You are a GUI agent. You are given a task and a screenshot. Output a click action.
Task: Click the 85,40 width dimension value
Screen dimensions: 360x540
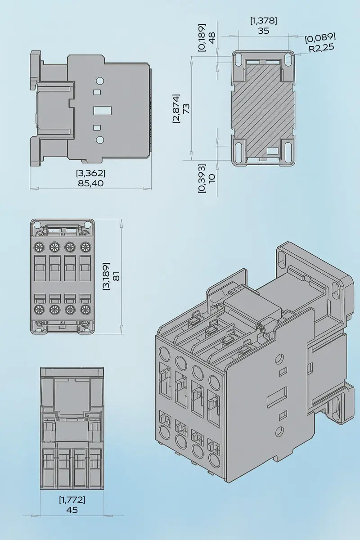(90, 184)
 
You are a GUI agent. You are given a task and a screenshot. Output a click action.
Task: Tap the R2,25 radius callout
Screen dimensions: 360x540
(322, 48)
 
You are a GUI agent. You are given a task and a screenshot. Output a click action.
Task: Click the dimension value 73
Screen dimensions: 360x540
(186, 108)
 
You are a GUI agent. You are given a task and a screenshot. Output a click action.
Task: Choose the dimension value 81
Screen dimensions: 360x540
(116, 276)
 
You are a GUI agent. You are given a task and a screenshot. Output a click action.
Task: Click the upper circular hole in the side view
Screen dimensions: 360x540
(99, 81)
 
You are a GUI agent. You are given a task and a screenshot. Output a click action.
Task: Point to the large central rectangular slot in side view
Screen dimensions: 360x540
(102, 110)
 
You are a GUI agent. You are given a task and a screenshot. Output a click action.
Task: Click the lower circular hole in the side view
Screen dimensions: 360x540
(99, 139)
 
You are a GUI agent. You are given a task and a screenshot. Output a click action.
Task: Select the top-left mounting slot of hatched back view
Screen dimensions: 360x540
(239, 59)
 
